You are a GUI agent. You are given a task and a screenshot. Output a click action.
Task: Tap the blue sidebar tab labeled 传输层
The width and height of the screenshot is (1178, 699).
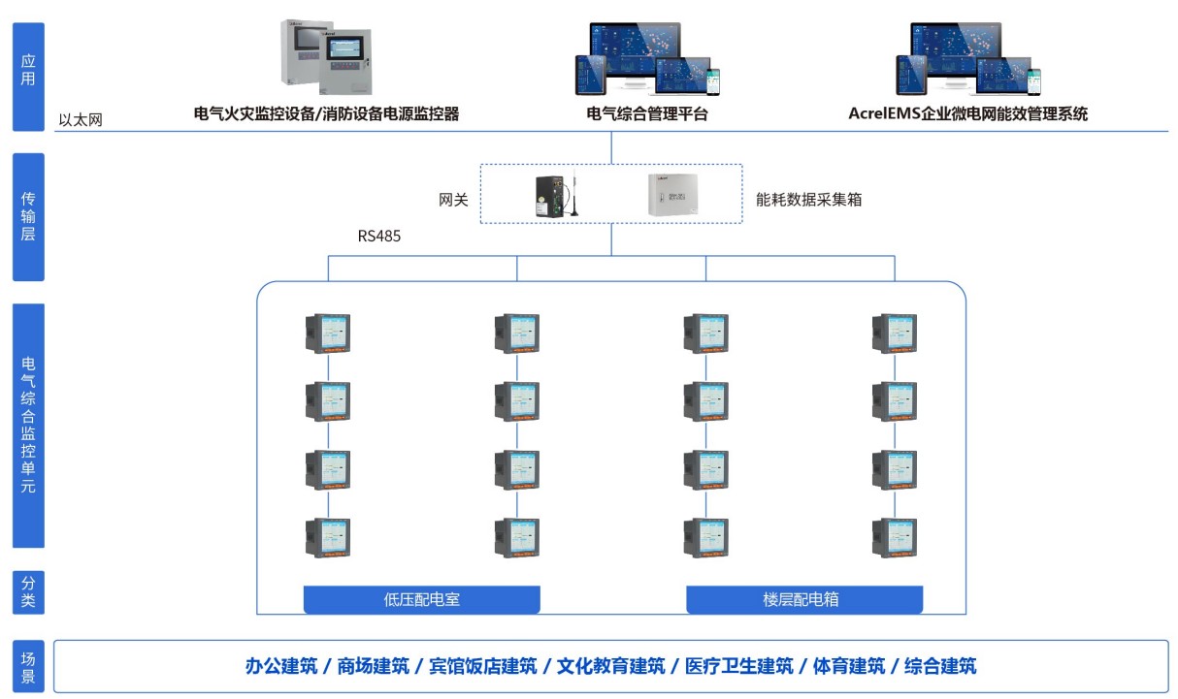28,216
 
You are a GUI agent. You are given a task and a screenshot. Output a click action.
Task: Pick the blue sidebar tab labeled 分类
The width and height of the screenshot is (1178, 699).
28,591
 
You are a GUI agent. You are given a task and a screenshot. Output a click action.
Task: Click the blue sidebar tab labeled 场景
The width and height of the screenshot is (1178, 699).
28,666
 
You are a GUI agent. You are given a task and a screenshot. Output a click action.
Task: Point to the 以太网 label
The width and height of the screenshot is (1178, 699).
81,121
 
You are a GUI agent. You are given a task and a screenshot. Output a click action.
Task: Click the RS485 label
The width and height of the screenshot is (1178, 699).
378,236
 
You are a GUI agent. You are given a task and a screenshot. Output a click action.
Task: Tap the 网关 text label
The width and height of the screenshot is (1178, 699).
454,200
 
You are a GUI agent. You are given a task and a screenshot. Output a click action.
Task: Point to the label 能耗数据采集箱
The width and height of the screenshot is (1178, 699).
809,200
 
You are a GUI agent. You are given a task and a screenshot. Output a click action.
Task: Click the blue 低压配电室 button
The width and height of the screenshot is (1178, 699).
422,599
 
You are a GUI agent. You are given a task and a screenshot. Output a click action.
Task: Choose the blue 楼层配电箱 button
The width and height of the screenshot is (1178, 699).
804,599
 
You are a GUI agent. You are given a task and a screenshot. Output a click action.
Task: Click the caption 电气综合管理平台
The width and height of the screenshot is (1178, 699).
647,114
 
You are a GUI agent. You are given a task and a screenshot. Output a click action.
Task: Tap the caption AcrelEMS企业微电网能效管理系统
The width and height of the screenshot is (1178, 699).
967,114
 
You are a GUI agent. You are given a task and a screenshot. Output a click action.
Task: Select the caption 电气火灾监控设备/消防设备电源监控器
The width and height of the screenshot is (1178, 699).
326,114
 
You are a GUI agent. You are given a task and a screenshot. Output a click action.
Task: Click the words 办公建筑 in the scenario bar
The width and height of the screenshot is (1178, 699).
280,666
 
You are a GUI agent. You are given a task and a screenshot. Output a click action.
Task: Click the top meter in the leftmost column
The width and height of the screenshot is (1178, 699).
328,333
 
